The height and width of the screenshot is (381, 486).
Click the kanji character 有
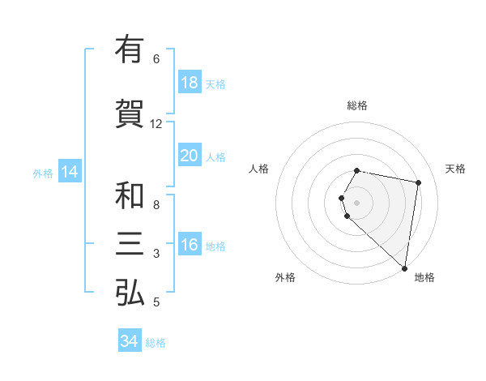coord(130,49)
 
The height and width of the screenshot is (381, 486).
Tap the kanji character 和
coord(130,196)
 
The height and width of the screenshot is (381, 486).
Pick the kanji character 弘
coord(130,293)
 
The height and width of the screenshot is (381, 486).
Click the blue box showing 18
coord(189,83)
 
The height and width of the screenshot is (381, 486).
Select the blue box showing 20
coord(189,156)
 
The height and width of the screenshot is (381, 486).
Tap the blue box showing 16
coord(189,245)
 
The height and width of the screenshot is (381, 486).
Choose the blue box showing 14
coord(70,172)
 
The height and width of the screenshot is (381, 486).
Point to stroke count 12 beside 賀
coord(156,124)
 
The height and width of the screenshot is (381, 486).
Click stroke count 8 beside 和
coord(156,205)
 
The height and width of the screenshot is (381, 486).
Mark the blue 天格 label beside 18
coord(215,84)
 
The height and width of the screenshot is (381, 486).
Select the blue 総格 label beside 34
coord(156,343)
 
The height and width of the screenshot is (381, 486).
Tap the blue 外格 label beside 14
coord(43,173)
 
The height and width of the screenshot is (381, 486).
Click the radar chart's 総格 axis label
coord(357,105)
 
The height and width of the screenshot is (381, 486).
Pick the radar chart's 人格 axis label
coord(259,169)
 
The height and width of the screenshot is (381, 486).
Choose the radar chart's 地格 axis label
coord(424,277)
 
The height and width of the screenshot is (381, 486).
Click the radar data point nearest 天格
coord(418,183)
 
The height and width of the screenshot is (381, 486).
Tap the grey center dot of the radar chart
coord(357,201)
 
